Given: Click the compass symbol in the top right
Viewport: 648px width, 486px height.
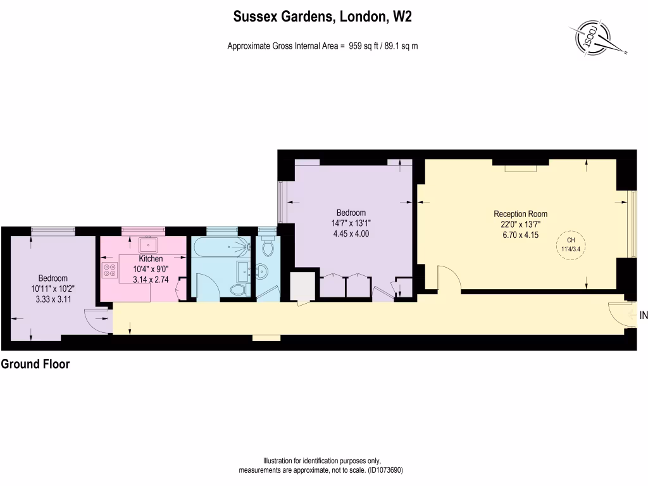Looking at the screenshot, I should point(595,39).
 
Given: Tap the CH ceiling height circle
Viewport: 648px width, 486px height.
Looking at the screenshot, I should point(571,244).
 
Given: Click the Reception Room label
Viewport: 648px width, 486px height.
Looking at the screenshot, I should point(520,213).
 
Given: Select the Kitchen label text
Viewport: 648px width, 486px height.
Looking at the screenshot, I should point(151,259).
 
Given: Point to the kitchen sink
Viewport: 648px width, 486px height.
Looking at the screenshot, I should point(150,244).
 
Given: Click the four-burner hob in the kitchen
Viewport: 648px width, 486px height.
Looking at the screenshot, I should point(109,270).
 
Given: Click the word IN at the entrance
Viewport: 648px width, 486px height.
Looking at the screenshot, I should point(643,315).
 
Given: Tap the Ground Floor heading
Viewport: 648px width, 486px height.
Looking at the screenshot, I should point(35,364).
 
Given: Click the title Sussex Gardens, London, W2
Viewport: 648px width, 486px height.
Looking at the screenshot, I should point(323,17).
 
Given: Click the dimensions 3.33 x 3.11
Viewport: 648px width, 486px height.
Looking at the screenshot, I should point(53,298).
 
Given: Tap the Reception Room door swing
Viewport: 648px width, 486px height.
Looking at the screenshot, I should point(447,278).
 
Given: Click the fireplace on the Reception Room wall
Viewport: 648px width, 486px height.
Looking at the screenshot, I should point(520,168).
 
